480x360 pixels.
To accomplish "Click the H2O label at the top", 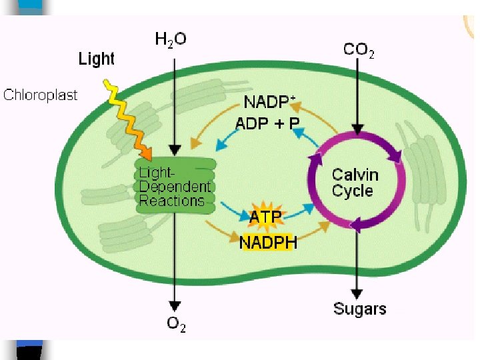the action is (171, 39).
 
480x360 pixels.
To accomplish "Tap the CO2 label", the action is (359, 49).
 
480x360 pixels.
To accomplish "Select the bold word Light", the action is (97, 59).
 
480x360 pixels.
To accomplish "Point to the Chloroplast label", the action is (41, 95).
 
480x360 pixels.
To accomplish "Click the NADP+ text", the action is (269, 102).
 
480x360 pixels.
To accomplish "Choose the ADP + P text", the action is (268, 123).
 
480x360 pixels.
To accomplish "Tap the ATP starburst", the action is (265, 215).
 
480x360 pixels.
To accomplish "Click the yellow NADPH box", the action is (268, 241).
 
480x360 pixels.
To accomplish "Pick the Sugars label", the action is (359, 309).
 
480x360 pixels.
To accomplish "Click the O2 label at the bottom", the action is (176, 325).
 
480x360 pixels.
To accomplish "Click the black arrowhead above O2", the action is (175, 307).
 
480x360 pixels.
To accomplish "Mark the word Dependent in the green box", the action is (175, 187).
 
